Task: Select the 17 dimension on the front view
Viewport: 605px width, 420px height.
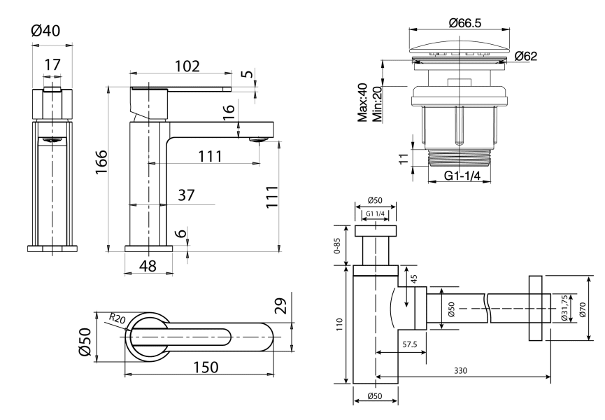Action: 52,64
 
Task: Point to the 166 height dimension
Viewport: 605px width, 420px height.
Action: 101,164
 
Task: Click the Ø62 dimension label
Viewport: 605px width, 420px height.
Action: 525,57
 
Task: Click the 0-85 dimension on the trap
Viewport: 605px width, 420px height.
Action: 338,246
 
